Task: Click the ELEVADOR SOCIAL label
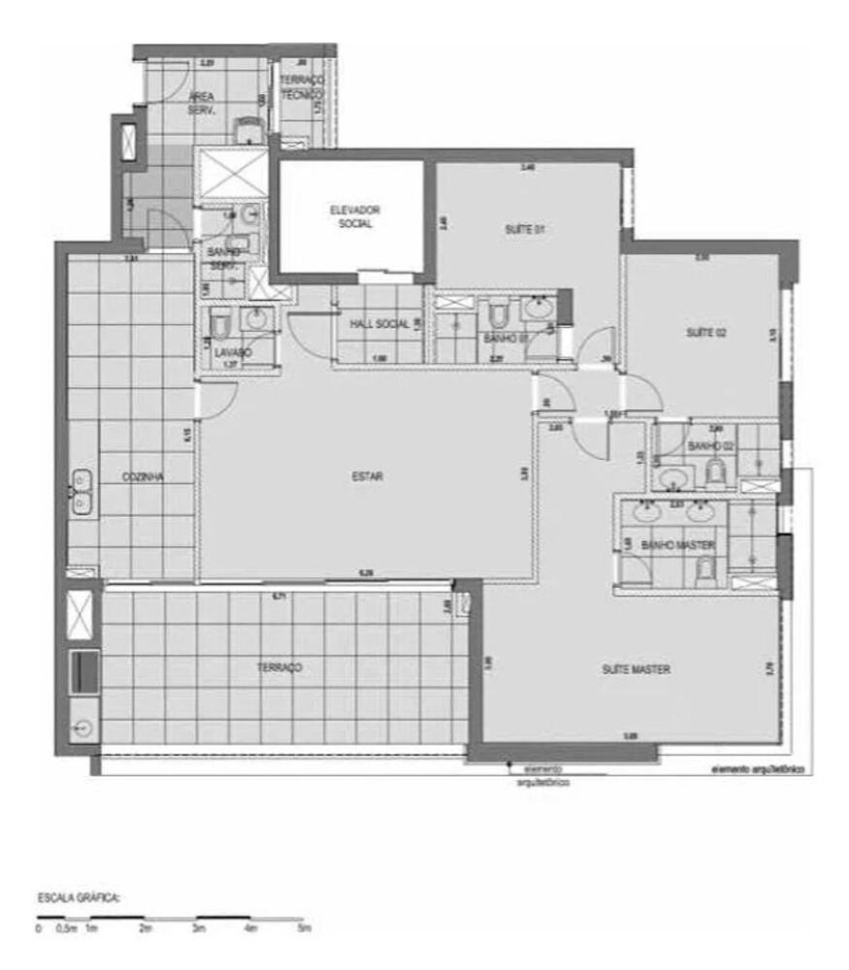(x=354, y=216)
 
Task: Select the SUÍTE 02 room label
(x=707, y=333)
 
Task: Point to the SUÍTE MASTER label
(x=637, y=669)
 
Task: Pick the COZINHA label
(x=142, y=477)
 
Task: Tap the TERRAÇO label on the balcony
(x=279, y=667)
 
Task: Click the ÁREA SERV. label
(x=202, y=103)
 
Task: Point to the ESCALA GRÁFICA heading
(x=79, y=898)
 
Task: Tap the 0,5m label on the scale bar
(x=67, y=929)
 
